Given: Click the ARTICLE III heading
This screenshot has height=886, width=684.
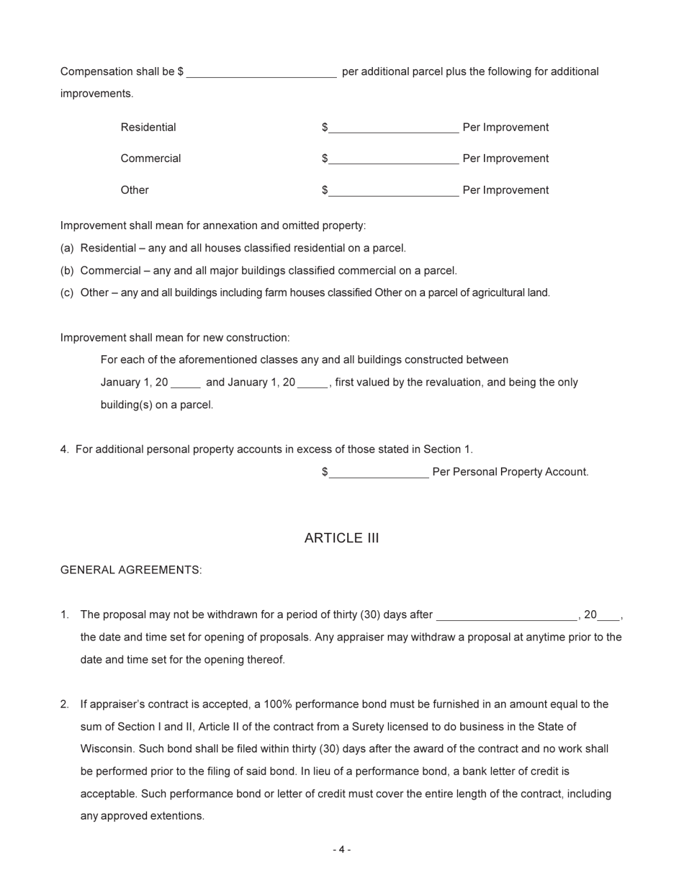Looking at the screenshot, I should click(341, 538).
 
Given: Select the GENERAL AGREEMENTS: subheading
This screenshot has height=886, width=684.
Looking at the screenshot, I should click(131, 570).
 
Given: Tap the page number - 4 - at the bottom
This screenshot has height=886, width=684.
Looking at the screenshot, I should click(341, 849).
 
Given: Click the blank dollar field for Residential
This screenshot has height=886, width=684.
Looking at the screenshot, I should click(393, 128).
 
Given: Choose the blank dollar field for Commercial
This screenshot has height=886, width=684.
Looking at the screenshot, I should click(393, 159).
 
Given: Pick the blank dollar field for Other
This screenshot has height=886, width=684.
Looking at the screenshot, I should click(393, 191).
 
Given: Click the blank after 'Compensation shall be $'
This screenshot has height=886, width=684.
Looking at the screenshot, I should click(261, 72).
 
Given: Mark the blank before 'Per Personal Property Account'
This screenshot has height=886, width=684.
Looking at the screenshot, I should click(379, 473).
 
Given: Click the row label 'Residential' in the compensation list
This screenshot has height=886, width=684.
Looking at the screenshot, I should click(148, 127).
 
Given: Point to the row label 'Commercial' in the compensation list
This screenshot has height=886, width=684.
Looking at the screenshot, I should click(150, 158).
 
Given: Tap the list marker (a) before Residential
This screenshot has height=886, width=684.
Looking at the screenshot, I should click(67, 248).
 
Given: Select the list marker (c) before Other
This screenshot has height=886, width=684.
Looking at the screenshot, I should click(67, 292).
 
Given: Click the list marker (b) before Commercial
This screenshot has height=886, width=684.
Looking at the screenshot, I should click(67, 271).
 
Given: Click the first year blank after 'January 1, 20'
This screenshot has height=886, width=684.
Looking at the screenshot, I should click(186, 383).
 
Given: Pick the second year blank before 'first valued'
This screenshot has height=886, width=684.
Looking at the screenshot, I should click(312, 383).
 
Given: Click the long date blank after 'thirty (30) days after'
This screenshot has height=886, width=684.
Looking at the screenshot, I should click(506, 615).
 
